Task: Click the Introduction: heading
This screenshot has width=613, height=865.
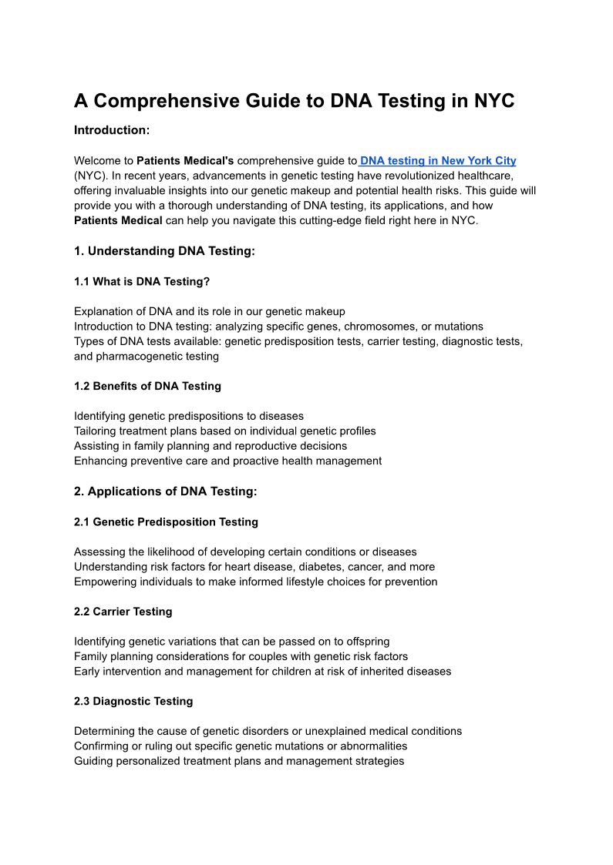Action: [x=112, y=130]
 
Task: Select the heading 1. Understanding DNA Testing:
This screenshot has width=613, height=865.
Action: [x=164, y=251]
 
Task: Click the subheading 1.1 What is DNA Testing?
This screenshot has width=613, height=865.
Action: [x=142, y=282]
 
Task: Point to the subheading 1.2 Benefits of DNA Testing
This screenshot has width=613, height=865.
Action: [x=147, y=386]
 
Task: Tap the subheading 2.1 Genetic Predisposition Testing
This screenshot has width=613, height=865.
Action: [x=166, y=522]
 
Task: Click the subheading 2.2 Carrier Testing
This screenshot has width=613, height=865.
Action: [x=123, y=612]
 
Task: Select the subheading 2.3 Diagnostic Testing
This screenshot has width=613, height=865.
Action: [x=133, y=702]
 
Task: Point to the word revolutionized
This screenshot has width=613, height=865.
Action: [x=416, y=176]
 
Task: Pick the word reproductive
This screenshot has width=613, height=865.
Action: [x=249, y=446]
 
